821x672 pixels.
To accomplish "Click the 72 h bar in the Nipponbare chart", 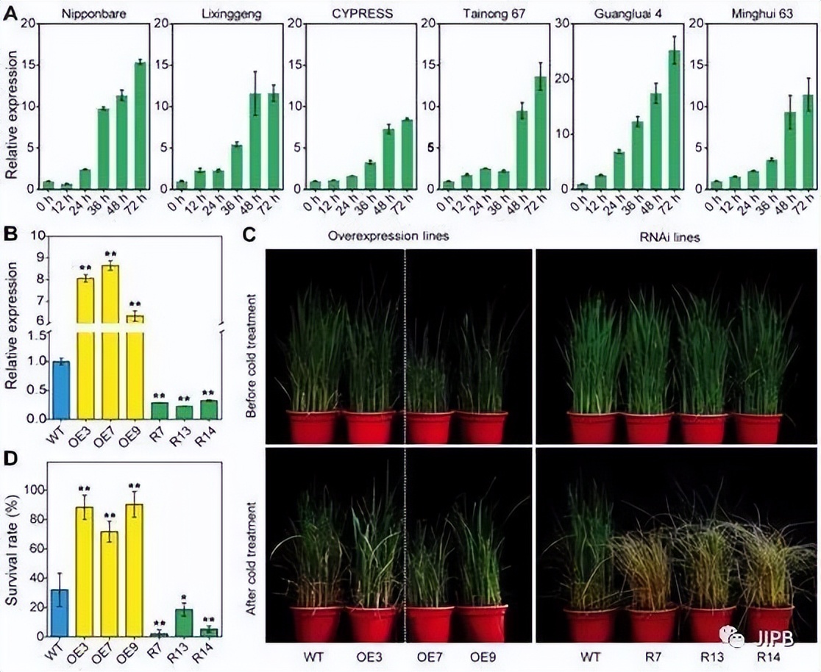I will [x=140, y=126].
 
